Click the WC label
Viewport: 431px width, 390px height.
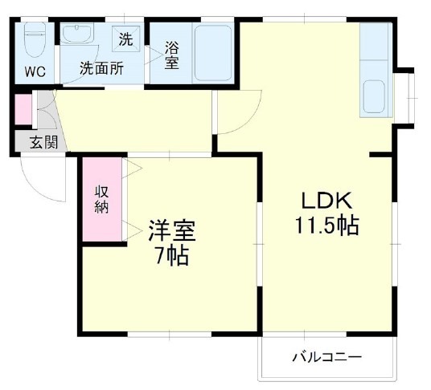coord(33,71)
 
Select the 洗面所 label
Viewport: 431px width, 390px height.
coord(101,69)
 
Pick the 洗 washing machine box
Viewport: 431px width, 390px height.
coord(126,37)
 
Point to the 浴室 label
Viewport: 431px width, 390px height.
coord(171,55)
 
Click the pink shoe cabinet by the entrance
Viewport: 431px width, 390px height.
coord(23,109)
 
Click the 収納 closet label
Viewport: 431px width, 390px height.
coord(102,199)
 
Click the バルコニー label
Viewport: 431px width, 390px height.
coord(326,355)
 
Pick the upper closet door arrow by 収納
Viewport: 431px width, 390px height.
coord(131,169)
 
